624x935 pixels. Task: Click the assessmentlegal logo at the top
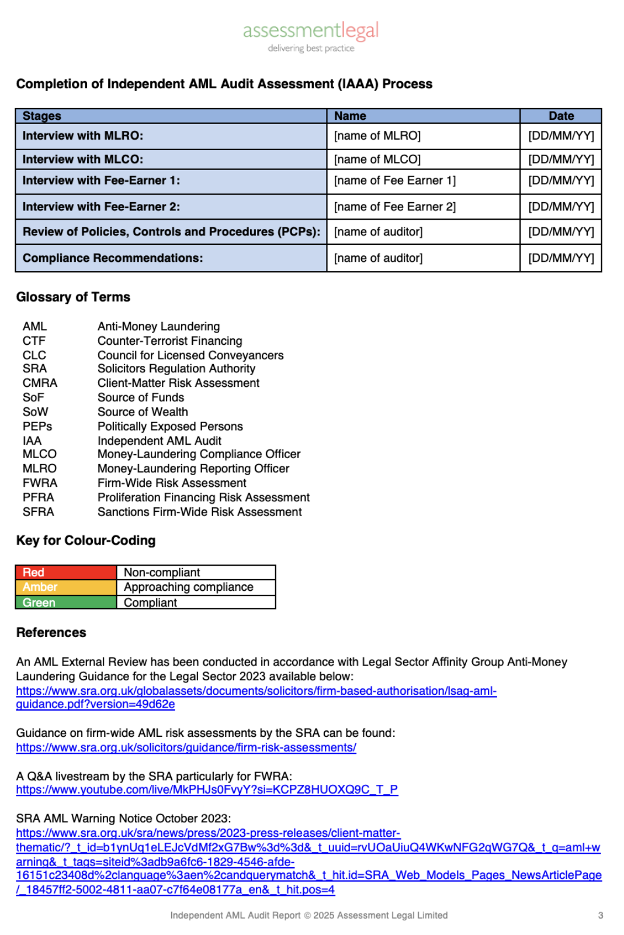point(311,36)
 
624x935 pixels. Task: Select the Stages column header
point(42,116)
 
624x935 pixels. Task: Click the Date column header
point(561,116)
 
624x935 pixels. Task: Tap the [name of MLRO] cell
point(377,136)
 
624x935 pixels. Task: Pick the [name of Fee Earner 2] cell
point(395,207)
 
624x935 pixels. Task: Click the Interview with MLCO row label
point(83,160)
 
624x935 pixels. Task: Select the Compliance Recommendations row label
point(113,258)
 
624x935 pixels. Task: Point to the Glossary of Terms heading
point(73,297)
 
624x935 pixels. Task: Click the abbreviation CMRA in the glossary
point(40,383)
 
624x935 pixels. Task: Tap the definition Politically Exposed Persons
point(170,427)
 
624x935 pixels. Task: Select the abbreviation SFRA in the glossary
point(38,512)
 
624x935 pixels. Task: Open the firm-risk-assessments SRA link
point(186,747)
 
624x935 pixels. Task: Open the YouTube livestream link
point(207,790)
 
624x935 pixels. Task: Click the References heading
point(51,632)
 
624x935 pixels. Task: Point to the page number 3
point(600,915)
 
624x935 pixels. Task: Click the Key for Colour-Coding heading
point(86,541)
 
